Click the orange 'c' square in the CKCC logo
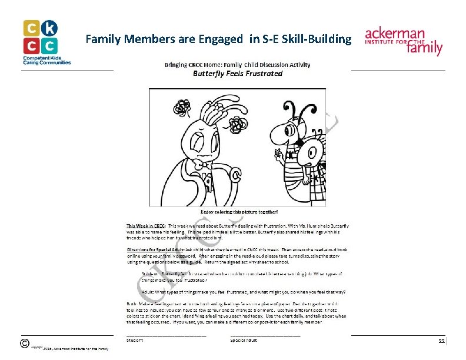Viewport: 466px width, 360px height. (x=32, y=28)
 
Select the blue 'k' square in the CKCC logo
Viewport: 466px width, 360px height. (x=49, y=28)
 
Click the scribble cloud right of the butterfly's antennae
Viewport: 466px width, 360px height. (x=238, y=124)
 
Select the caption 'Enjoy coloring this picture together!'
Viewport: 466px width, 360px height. (x=238, y=211)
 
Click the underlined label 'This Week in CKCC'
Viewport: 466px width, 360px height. (x=146, y=226)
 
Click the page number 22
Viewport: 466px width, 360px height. (x=441, y=341)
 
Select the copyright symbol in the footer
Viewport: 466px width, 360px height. (x=25, y=343)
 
